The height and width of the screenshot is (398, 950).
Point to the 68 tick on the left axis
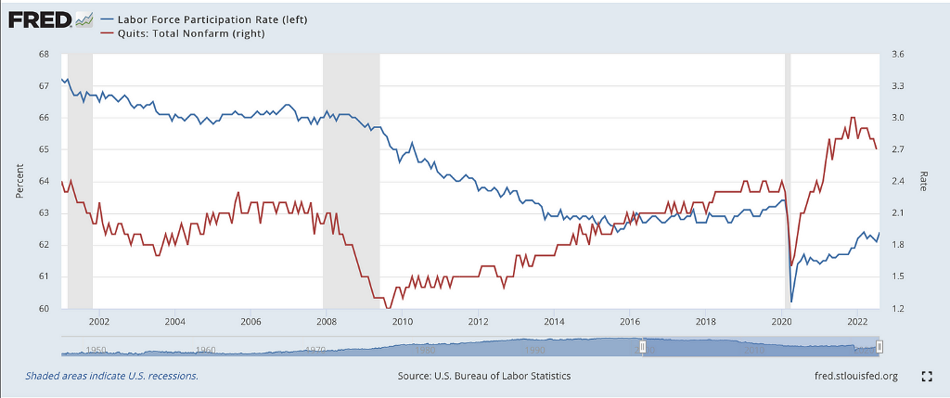point(44,55)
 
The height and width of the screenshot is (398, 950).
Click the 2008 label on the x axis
point(326,322)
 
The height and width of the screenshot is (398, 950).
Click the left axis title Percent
point(19,182)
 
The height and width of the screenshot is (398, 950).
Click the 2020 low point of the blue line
point(791,302)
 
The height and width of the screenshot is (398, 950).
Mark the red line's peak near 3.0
point(853,118)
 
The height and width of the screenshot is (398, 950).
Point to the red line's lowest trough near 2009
point(390,308)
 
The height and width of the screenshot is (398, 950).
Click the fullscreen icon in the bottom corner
point(925,376)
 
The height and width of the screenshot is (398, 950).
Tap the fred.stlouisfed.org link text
point(854,376)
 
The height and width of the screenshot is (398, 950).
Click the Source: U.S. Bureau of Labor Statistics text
point(483,376)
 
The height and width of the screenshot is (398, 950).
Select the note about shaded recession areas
point(112,376)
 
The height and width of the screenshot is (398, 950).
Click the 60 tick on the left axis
point(44,308)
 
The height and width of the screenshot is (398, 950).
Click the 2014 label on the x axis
point(554,322)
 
